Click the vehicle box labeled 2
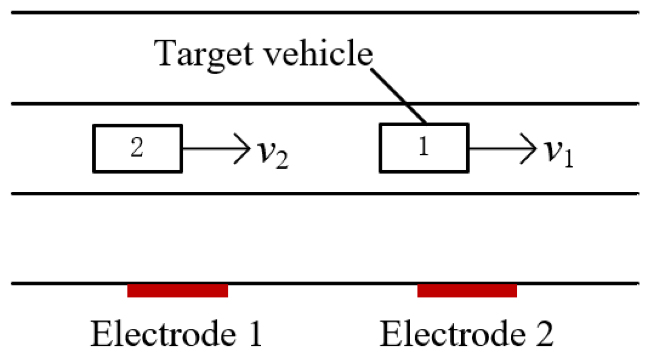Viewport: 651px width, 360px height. pyautogui.click(x=137, y=149)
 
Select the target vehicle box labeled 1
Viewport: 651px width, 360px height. pyautogui.click(x=424, y=149)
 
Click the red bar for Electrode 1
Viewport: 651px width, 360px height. pyautogui.click(x=178, y=291)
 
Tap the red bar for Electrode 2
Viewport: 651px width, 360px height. pyautogui.click(x=467, y=291)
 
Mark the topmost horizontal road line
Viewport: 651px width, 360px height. pyautogui.click(x=325, y=13)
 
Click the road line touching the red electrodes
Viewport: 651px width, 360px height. pyautogui.click(x=325, y=283)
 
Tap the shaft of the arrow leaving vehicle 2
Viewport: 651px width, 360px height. pyautogui.click(x=210, y=149)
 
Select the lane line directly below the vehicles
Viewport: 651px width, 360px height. pyautogui.click(x=325, y=193)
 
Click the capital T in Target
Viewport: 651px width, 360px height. pyautogui.click(x=167, y=54)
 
